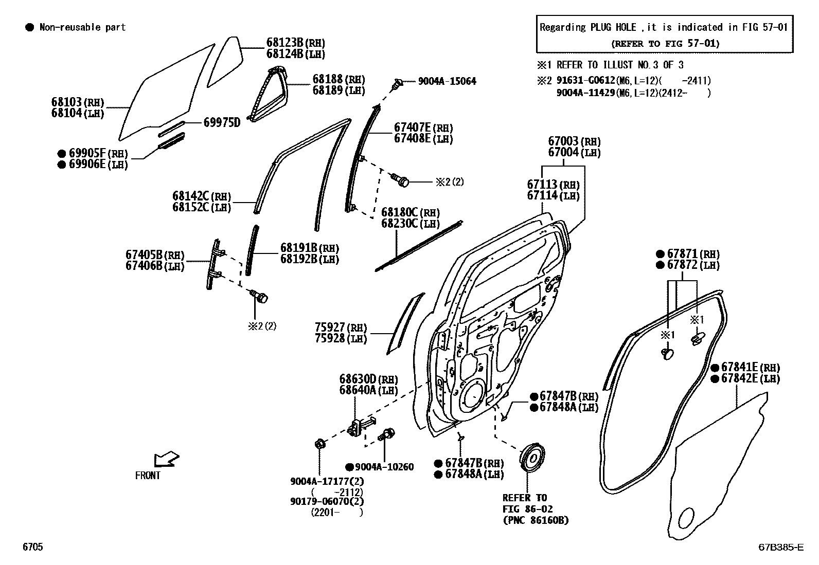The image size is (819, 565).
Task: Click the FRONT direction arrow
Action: (x=166, y=459)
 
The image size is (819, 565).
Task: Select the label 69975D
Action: (x=222, y=122)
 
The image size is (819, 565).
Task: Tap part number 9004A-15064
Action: (x=447, y=81)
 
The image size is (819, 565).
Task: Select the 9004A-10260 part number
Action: (x=384, y=467)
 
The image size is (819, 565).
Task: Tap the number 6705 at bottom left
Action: (x=32, y=548)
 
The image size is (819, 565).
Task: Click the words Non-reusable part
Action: (x=82, y=27)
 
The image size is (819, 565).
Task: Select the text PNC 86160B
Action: (x=536, y=520)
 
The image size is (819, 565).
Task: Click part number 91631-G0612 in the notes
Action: (x=585, y=81)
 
